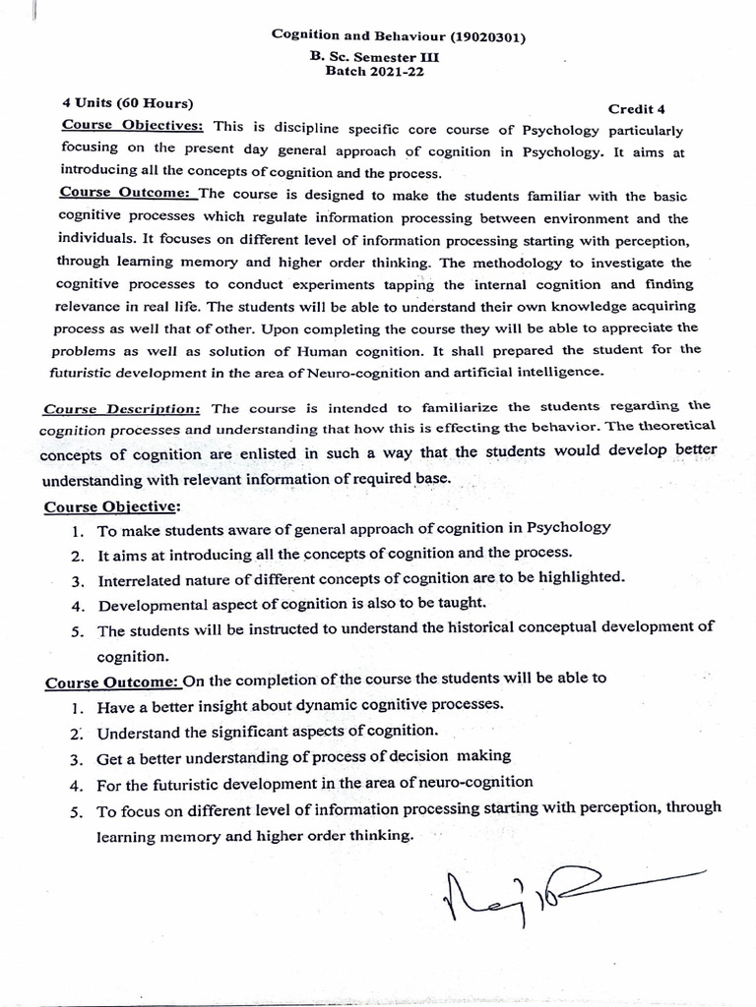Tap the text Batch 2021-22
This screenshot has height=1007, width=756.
[371, 72]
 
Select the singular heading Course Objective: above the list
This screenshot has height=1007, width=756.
[111, 505]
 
